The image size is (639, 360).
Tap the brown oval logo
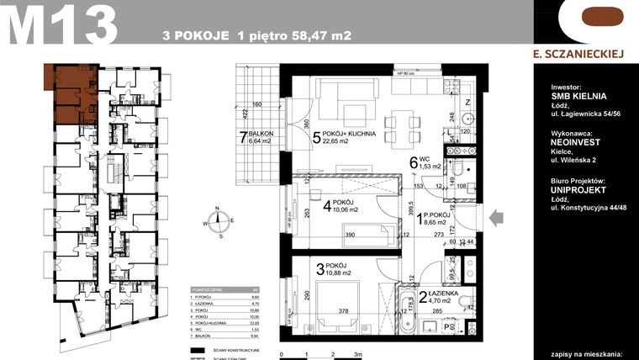[x=586, y=19]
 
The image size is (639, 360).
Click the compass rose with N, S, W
[x=219, y=224]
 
